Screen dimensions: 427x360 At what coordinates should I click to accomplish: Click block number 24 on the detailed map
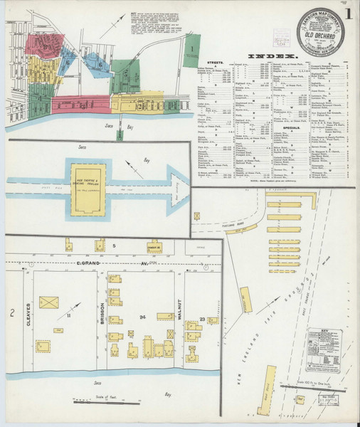[142, 317]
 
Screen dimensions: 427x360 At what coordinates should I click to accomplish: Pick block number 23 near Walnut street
[202, 318]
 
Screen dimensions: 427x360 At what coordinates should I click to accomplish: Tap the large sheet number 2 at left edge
[11, 313]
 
